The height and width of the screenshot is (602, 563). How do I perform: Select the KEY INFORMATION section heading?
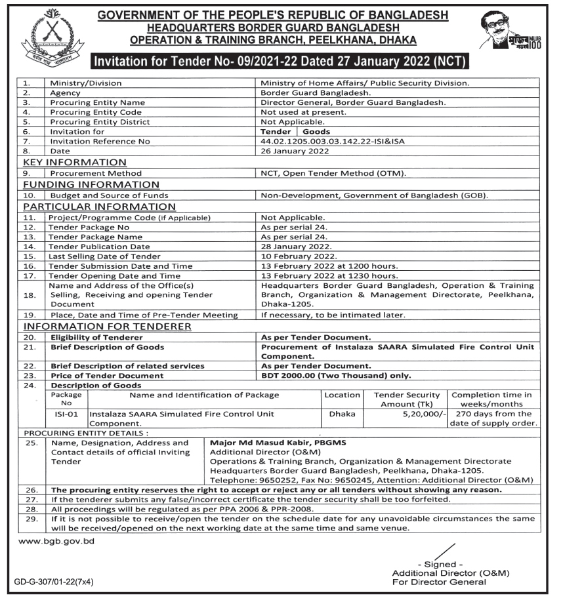pos(75,163)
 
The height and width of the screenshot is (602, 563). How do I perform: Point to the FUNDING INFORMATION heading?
pos(91,185)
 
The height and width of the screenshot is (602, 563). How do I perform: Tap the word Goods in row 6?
pos(316,132)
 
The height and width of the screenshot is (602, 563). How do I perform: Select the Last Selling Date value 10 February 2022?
pos(299,256)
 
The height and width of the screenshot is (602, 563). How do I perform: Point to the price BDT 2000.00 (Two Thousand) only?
pos(336,376)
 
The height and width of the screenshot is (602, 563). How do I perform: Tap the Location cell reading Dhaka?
pos(342,414)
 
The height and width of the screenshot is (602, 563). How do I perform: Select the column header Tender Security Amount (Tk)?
pos(407,399)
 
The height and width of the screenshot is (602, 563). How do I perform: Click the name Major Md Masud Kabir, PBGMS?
pos(278,443)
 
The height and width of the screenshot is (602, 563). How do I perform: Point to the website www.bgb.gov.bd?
pos(56,542)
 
